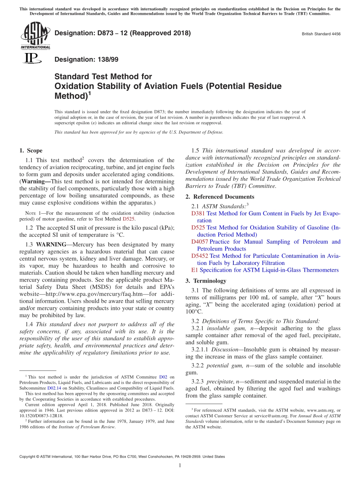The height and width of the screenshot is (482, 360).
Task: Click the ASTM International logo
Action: click(x=35, y=35)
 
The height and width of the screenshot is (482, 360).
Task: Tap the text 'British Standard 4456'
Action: click(x=321, y=34)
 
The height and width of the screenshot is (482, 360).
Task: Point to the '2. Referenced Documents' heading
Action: click(x=220, y=197)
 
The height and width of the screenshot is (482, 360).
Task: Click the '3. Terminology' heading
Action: click(x=206, y=281)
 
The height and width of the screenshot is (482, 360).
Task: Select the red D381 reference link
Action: click(x=198, y=213)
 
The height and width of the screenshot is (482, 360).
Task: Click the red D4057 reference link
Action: click(x=200, y=242)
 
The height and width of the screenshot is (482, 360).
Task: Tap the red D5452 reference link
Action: click(x=200, y=256)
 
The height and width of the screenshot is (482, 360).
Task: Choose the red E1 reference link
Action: click(x=194, y=270)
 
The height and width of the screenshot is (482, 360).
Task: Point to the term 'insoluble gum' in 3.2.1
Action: click(x=218, y=328)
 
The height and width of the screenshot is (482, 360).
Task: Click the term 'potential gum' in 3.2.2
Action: click(x=220, y=365)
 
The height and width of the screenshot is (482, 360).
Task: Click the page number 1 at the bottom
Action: click(x=180, y=465)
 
